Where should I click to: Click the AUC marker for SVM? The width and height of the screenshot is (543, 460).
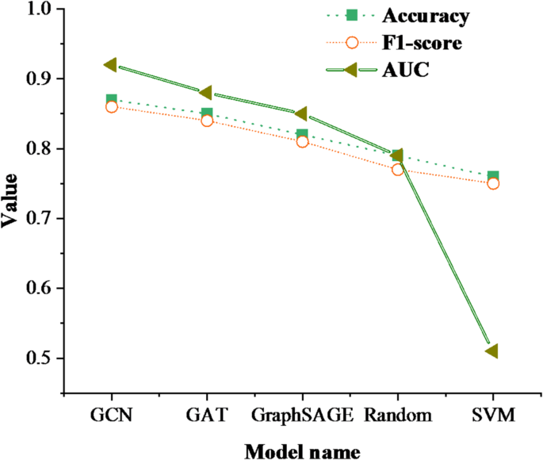(x=491, y=351)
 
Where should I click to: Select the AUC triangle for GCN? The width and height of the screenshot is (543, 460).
(x=111, y=64)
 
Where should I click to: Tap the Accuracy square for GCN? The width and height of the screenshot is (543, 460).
(x=112, y=100)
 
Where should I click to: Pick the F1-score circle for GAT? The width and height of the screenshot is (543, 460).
(x=207, y=121)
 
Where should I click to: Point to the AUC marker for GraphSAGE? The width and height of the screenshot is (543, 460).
(x=301, y=113)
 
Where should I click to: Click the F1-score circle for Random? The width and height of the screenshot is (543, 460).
(x=397, y=169)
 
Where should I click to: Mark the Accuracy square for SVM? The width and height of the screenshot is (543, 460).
(x=492, y=176)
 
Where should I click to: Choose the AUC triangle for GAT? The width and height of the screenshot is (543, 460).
(x=206, y=93)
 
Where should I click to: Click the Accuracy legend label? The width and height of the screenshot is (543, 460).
(x=426, y=16)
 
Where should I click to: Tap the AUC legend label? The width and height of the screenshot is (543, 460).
(x=405, y=71)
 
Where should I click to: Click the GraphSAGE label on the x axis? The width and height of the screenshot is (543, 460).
(x=301, y=415)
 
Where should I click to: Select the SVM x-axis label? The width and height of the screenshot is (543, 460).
(x=492, y=415)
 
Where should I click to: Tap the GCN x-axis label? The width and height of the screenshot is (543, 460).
(x=112, y=415)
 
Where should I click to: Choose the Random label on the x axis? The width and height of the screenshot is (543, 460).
(x=397, y=415)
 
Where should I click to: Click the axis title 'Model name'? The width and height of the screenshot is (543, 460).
(x=301, y=449)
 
